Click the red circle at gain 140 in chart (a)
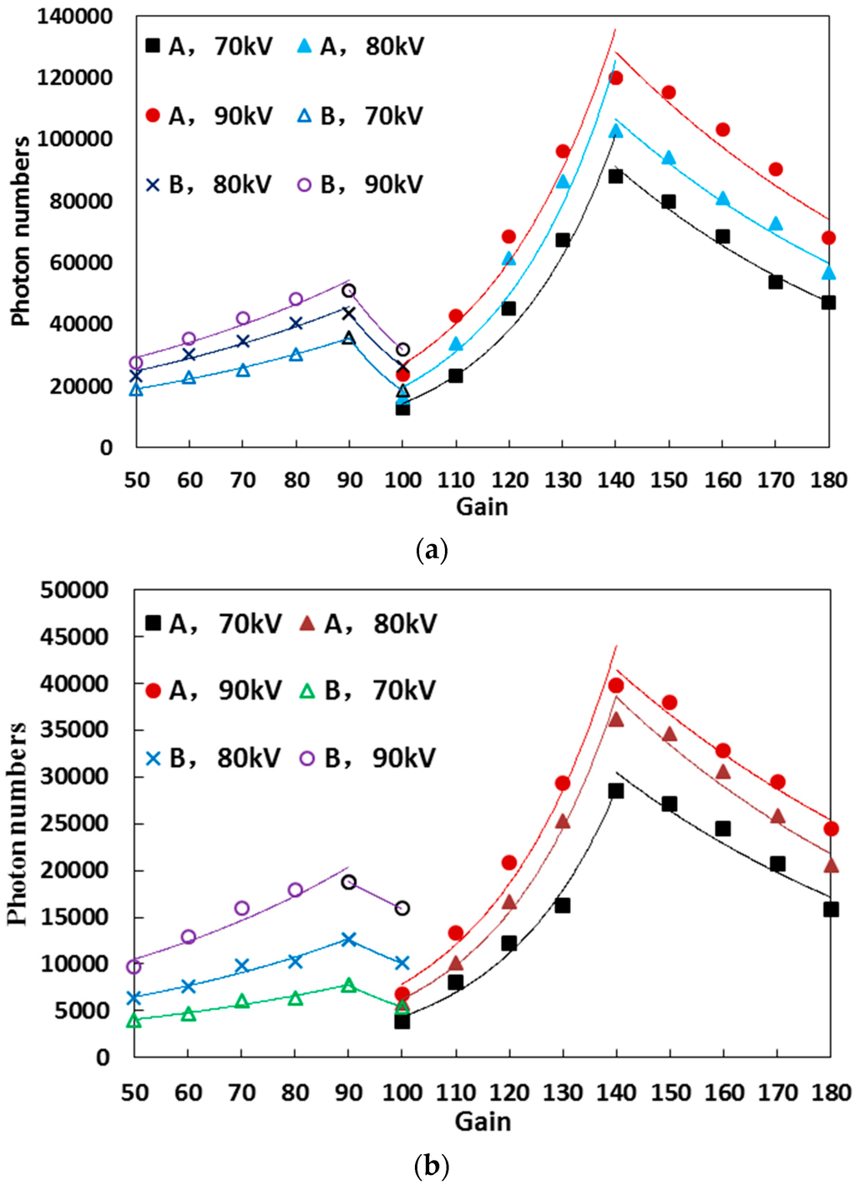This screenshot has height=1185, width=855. pyautogui.click(x=615, y=78)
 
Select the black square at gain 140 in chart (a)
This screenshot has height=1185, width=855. pyautogui.click(x=615, y=176)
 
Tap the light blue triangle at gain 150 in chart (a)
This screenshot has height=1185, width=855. pyautogui.click(x=669, y=158)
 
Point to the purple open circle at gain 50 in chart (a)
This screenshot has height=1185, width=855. pyautogui.click(x=136, y=363)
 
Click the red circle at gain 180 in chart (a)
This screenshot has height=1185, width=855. pyautogui.click(x=828, y=238)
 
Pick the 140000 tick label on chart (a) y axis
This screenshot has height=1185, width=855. pyautogui.click(x=74, y=17)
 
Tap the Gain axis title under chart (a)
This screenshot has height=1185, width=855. pyautogui.click(x=482, y=507)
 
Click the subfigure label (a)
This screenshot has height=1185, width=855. pyautogui.click(x=431, y=550)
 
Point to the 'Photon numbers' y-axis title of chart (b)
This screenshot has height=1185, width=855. pyautogui.click(x=18, y=823)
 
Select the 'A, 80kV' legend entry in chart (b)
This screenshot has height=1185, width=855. pyautogui.click(x=367, y=623)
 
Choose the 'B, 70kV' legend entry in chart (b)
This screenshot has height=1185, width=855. pyautogui.click(x=367, y=690)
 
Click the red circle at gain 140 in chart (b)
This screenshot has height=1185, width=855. pyautogui.click(x=616, y=685)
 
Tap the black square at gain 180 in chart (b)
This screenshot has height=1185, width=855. pyautogui.click(x=831, y=909)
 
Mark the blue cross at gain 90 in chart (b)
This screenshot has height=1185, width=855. pyautogui.click(x=349, y=940)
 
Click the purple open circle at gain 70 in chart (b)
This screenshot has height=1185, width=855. pyautogui.click(x=242, y=908)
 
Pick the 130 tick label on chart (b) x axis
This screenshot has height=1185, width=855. pyautogui.click(x=563, y=1092)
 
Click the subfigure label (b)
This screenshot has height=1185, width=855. pyautogui.click(x=431, y=1165)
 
